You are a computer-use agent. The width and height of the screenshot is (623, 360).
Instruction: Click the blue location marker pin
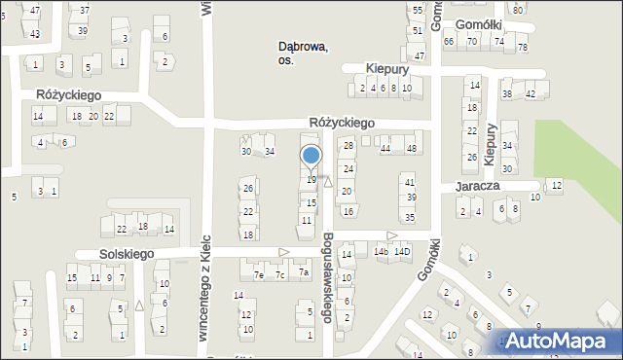(x=311, y=157)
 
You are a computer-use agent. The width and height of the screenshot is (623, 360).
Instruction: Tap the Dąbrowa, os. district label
(x=303, y=53)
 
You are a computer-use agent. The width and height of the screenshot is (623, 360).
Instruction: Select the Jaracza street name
(x=476, y=186)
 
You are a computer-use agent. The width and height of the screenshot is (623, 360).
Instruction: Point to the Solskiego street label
(x=128, y=253)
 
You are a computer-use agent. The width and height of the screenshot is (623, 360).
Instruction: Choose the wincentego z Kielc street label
(x=204, y=292)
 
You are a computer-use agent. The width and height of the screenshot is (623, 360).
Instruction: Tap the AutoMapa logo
(x=558, y=342)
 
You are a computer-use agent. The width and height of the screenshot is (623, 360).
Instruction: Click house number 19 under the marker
(x=311, y=180)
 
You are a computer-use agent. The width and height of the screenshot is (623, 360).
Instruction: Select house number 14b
(x=381, y=252)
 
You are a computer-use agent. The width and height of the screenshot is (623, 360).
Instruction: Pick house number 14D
(x=403, y=252)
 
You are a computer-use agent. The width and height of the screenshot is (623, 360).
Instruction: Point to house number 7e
(x=259, y=275)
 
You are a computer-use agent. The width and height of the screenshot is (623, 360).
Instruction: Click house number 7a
(x=304, y=273)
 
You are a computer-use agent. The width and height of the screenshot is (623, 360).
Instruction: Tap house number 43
(x=35, y=34)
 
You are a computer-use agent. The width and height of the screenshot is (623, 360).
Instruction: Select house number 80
(x=518, y=10)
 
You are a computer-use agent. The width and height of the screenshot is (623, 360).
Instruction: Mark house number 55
(x=418, y=10)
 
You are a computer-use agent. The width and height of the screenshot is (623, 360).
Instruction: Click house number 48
(x=413, y=148)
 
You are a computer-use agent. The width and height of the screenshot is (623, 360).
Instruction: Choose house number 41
(x=410, y=182)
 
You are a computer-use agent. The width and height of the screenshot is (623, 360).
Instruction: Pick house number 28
(x=348, y=145)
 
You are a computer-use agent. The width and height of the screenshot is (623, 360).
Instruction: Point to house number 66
(x=449, y=42)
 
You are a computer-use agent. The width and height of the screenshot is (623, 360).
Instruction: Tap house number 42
(x=531, y=94)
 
